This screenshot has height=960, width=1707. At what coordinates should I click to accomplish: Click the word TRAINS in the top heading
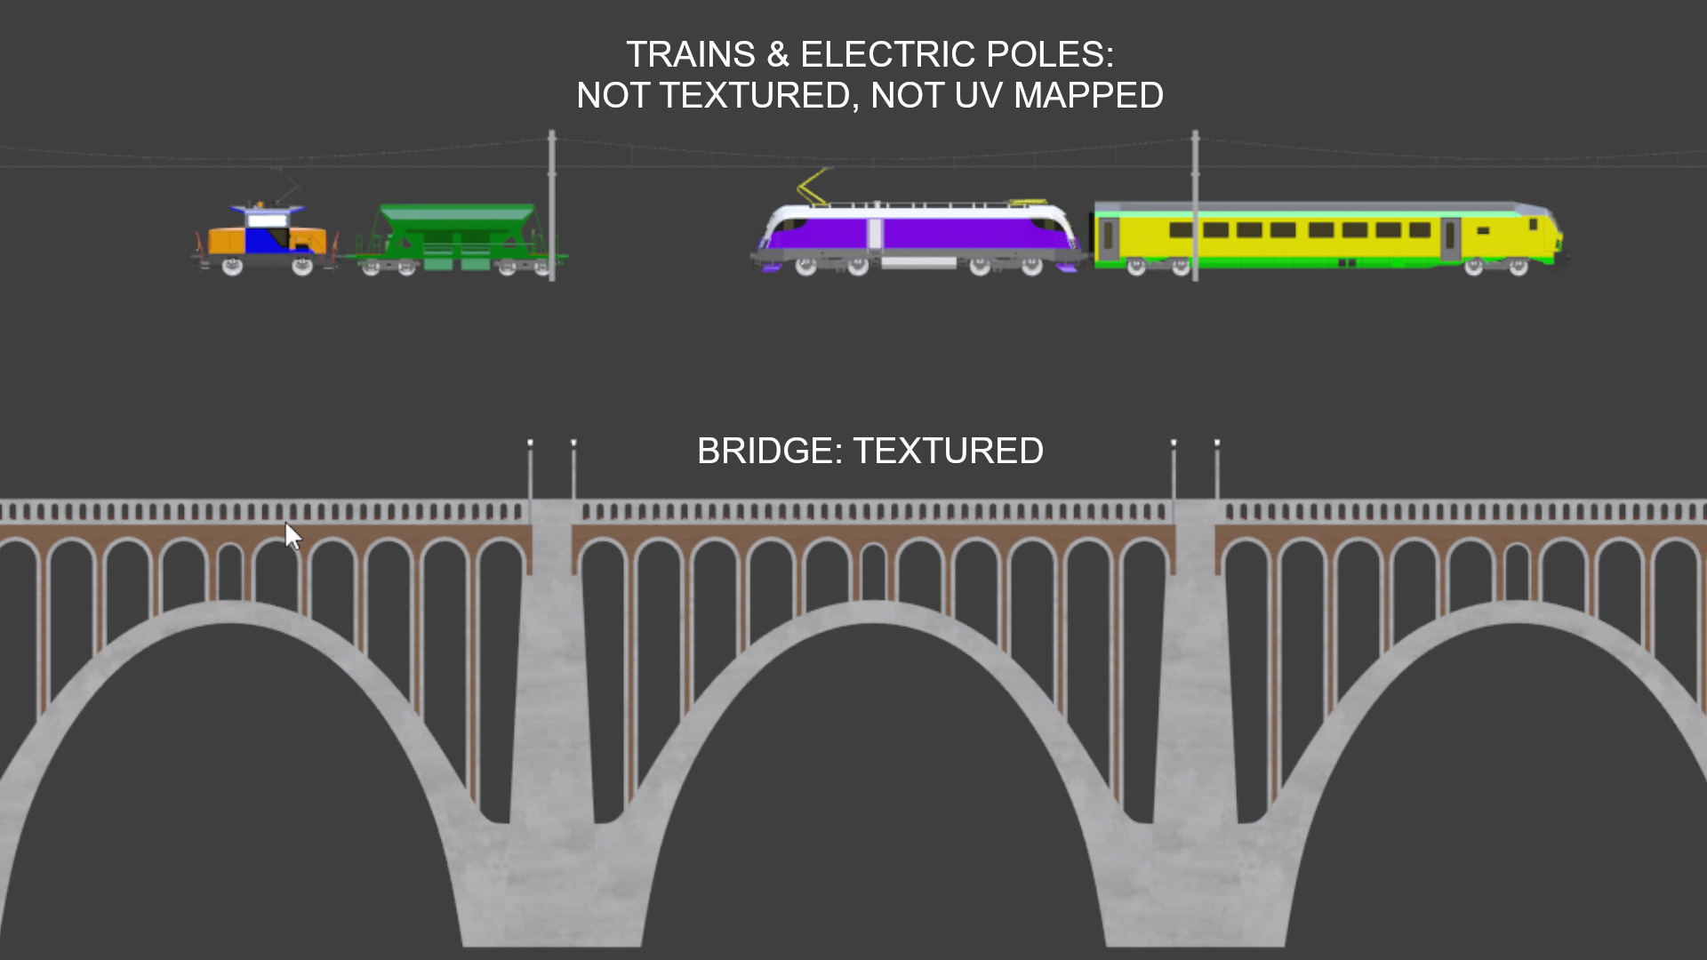[691, 55]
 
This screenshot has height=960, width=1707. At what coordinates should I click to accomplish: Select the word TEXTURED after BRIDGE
[948, 452]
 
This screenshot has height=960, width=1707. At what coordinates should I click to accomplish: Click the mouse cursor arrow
[293, 536]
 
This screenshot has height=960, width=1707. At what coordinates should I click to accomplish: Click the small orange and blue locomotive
[265, 238]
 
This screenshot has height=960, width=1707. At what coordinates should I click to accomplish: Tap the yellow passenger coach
[1325, 233]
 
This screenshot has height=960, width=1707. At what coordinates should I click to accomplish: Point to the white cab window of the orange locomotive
[267, 220]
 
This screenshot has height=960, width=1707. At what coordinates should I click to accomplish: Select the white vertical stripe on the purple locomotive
[875, 235]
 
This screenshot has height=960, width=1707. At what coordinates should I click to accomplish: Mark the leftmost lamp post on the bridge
[530, 471]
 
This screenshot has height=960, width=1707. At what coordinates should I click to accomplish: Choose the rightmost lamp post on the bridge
[1217, 471]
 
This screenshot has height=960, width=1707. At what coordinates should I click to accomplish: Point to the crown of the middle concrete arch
[873, 612]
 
